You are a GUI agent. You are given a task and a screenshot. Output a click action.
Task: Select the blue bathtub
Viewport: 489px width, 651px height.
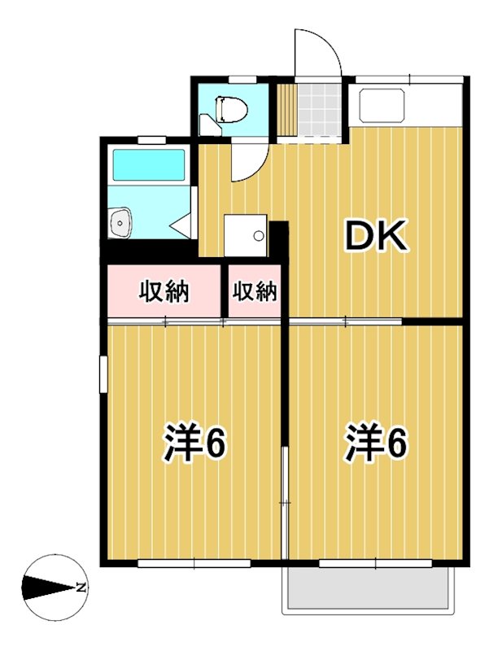coord(148,165)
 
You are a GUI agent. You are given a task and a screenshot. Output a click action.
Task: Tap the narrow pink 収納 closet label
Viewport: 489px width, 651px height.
coord(255,291)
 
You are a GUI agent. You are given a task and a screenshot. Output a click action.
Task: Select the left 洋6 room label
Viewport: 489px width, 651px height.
coord(194,443)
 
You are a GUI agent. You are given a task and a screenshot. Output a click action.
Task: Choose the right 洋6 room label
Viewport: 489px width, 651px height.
coord(375,443)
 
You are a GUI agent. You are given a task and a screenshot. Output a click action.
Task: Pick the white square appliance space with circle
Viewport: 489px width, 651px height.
coord(247,236)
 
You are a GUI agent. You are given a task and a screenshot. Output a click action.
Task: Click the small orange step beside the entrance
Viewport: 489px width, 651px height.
coord(285,109)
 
